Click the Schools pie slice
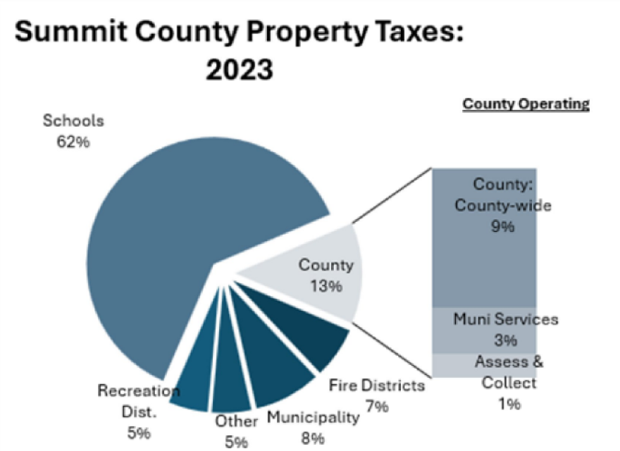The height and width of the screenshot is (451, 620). click(x=176, y=233)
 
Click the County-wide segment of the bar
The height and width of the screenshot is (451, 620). click(x=484, y=261)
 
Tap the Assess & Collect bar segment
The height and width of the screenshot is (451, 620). click(x=484, y=364)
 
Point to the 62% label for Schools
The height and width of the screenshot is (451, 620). click(x=73, y=141)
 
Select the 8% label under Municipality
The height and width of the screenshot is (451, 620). click(x=313, y=437)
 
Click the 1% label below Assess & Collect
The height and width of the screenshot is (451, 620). click(x=509, y=403)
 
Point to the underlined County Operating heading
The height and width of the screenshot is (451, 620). click(x=526, y=104)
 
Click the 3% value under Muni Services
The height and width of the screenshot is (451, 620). click(x=505, y=340)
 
